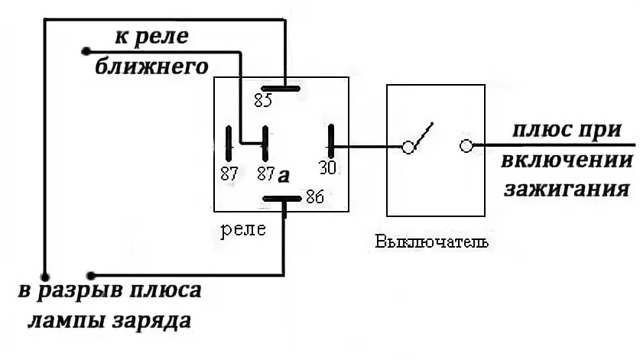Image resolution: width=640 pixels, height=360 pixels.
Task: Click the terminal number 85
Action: pos(263,100)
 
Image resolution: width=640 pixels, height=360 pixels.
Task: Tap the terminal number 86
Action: pos(314,197)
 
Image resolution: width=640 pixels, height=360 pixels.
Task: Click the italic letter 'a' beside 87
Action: pos(284,175)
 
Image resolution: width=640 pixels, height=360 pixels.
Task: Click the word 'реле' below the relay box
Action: pos(243,229)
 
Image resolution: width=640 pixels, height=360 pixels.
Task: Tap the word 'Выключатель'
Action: pos(432,243)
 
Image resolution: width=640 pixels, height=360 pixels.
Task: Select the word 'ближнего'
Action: pos(152,66)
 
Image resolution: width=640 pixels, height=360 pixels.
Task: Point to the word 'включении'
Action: pos(568,161)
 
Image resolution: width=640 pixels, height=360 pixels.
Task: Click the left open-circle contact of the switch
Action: pos(409,146)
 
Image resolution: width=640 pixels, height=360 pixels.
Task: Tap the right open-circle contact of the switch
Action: pos(466,145)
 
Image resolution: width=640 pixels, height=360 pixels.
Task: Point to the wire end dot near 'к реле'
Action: pos(85,52)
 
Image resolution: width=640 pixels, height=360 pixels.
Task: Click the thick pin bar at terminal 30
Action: pos(332,141)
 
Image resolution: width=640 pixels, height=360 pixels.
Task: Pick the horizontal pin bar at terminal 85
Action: pos(279,87)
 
